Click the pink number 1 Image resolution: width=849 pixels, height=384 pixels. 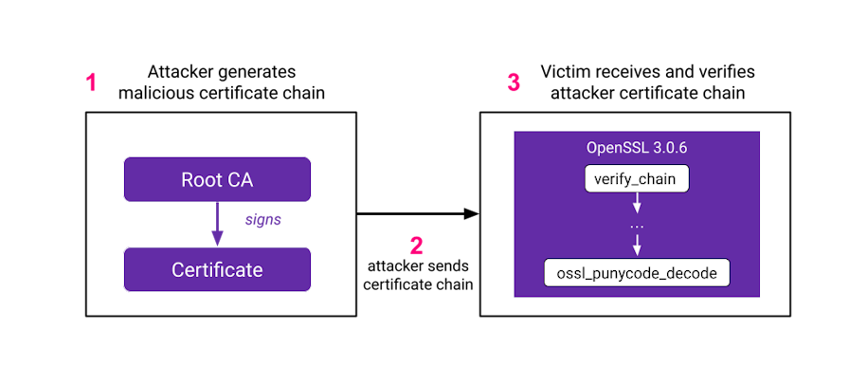(x=92, y=83)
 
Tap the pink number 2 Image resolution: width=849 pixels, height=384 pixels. (x=416, y=247)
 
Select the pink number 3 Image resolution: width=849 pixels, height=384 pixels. (x=514, y=83)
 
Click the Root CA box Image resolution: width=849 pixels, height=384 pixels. (x=217, y=179)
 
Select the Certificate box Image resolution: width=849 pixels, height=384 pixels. (x=217, y=269)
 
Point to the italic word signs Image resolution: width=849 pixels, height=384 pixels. (x=262, y=219)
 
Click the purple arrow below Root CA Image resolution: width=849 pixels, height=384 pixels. (x=217, y=222)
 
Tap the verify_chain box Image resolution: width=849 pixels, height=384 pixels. (x=636, y=178)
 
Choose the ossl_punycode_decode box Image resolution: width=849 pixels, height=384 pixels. (x=637, y=274)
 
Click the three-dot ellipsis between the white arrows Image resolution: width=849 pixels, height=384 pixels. (x=637, y=227)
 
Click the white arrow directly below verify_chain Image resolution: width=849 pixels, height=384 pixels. (x=637, y=203)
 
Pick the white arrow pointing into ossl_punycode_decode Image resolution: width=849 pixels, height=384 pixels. (x=637, y=246)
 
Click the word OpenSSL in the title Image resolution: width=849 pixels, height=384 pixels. (x=615, y=150)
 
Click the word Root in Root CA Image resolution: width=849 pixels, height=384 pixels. (x=199, y=179)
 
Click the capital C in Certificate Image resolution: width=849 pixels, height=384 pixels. (x=177, y=269)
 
